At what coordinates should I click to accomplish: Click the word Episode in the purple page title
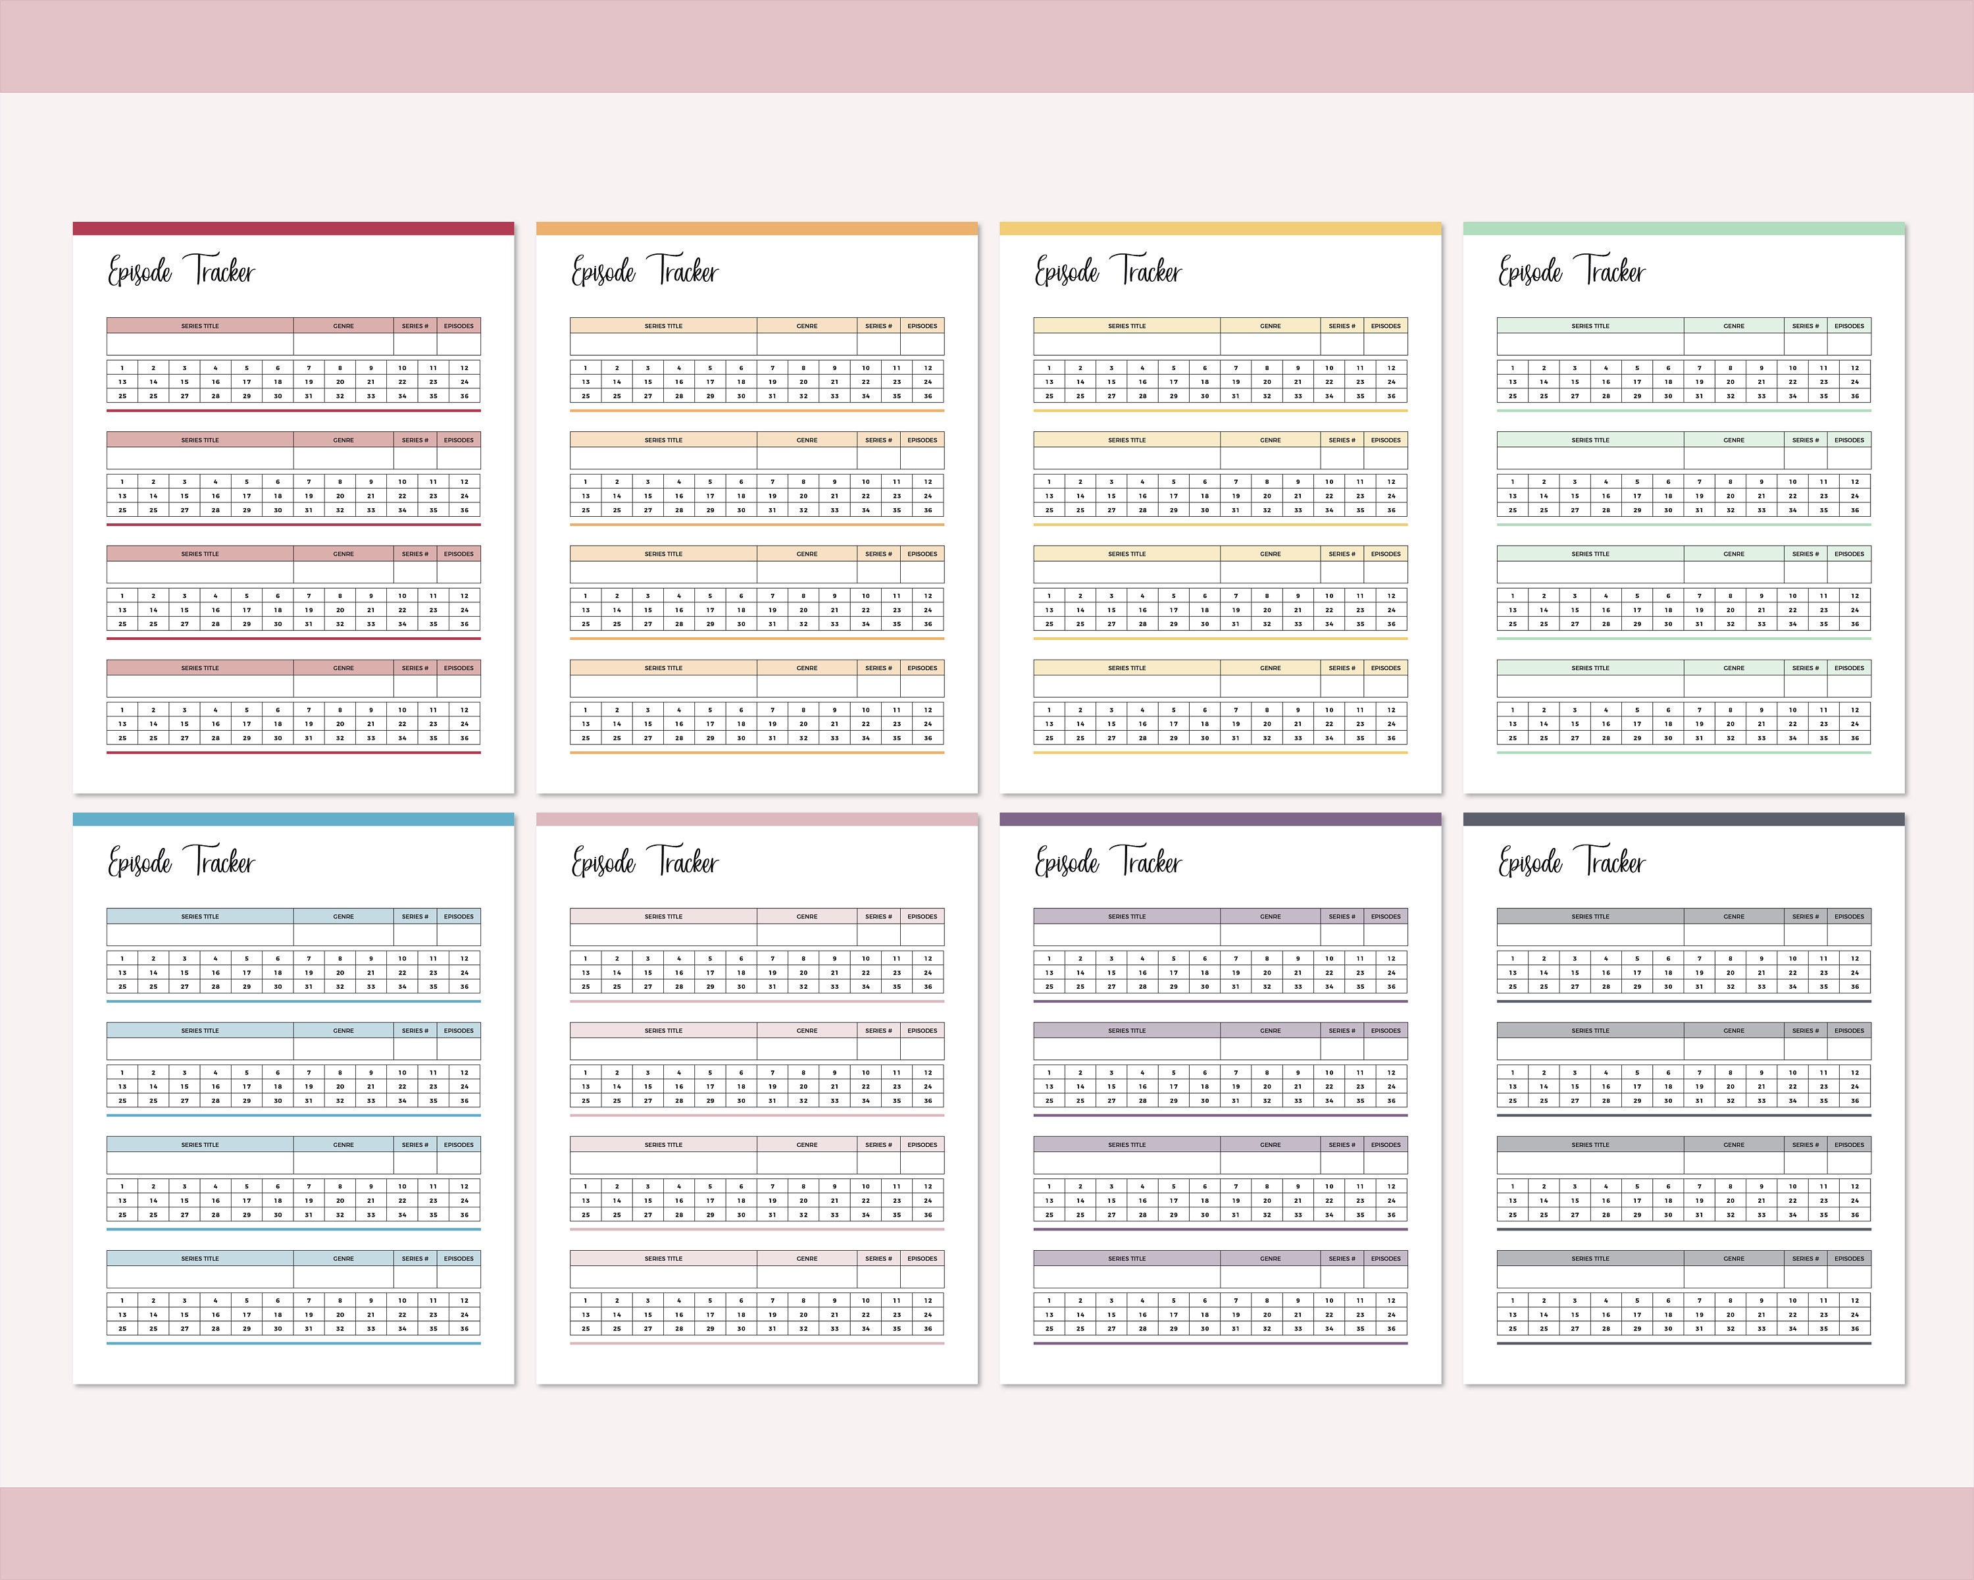click(x=1067, y=863)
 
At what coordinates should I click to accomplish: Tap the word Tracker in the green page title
click(x=1614, y=272)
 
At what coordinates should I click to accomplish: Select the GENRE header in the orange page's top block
click(x=807, y=326)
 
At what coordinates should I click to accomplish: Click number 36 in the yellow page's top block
click(x=1391, y=396)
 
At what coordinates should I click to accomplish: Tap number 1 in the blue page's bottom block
click(x=122, y=1300)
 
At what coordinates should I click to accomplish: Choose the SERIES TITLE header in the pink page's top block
click(x=663, y=917)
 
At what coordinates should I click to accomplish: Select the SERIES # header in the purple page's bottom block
click(x=1341, y=1259)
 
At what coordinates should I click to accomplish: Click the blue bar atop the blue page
click(x=293, y=820)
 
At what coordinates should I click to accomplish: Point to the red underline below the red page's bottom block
click(x=293, y=753)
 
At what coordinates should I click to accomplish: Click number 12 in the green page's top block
click(x=1854, y=368)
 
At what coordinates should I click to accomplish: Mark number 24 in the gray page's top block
click(x=1854, y=973)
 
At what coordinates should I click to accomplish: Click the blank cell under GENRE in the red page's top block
click(x=343, y=344)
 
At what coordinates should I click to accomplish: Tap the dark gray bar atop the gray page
click(x=1684, y=820)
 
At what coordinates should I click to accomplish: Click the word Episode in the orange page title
click(x=603, y=272)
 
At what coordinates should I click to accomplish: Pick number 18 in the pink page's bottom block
click(x=741, y=1315)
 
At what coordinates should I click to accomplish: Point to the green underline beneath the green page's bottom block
click(x=1684, y=753)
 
